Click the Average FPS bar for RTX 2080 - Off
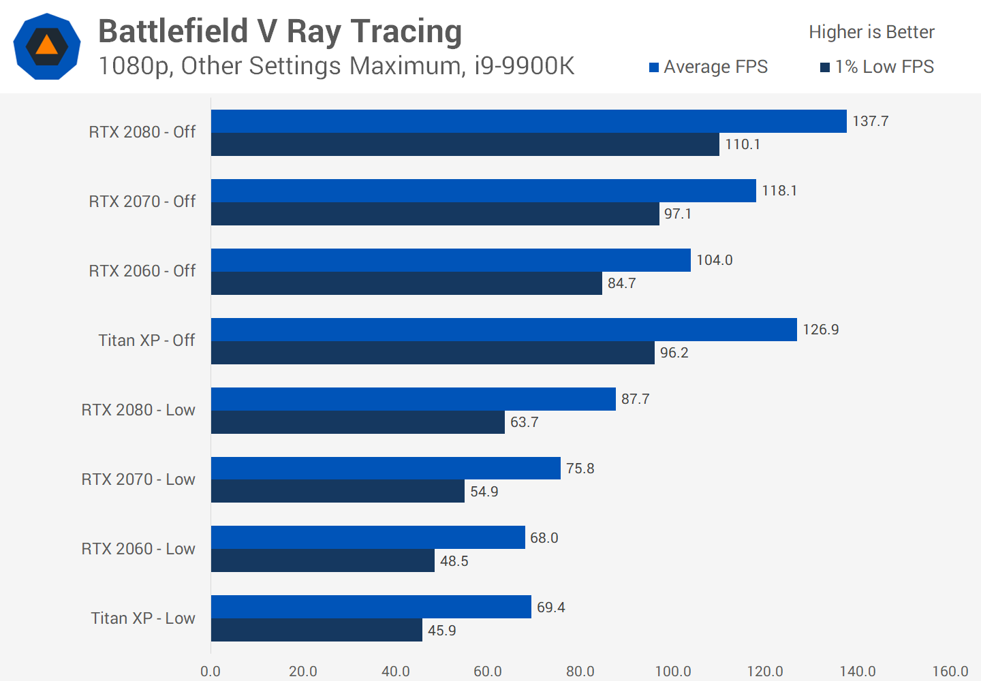[529, 121]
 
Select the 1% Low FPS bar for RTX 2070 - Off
[435, 214]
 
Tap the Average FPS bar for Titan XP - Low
[371, 607]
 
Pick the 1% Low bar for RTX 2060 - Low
[322, 560]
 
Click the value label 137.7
[870, 121]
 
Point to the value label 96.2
[674, 353]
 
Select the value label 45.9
[441, 631]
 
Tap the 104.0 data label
[714, 260]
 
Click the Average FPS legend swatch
[654, 67]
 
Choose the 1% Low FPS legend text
[884, 67]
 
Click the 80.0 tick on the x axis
[580, 671]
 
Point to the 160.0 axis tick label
[950, 671]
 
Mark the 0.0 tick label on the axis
[211, 671]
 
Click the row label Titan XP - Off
[146, 340]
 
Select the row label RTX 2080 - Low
[138, 410]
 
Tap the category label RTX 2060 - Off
[142, 271]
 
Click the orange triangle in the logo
[46, 46]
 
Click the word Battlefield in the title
[173, 31]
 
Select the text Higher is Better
[871, 32]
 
